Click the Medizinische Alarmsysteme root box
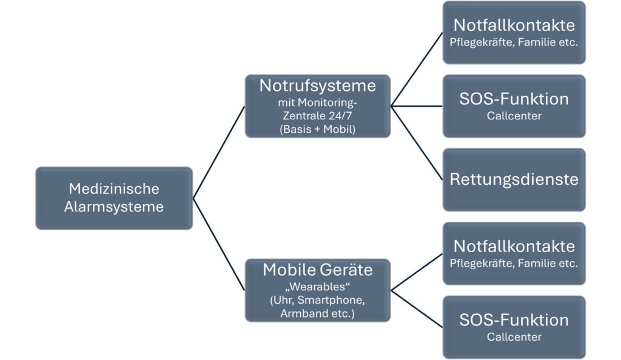(x=114, y=198)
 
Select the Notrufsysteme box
(x=317, y=106)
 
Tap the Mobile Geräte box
(x=317, y=290)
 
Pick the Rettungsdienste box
(x=514, y=179)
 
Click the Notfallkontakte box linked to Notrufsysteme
(x=514, y=32)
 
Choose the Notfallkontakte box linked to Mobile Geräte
(x=514, y=253)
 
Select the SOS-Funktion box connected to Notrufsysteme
(x=514, y=106)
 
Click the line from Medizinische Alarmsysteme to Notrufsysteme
(x=219, y=152)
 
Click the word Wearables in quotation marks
(x=317, y=286)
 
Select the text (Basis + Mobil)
(x=317, y=130)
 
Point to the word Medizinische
(x=114, y=189)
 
